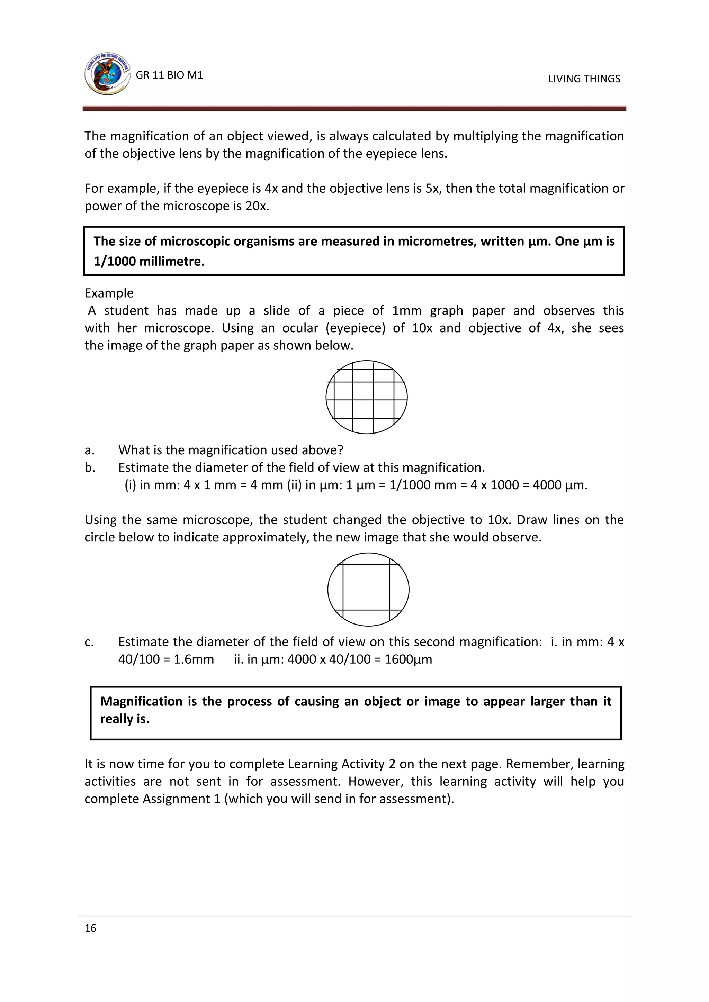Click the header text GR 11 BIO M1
tap(169, 75)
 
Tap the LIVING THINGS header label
tap(584, 79)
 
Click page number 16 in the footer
tap(90, 928)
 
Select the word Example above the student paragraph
tap(109, 293)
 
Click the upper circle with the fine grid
tap(366, 397)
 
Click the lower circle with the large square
tap(368, 590)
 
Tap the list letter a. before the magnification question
tap(90, 450)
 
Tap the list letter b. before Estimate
tap(90, 467)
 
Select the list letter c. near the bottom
tap(89, 642)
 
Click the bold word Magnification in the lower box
tap(142, 701)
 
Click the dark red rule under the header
tap(354, 109)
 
